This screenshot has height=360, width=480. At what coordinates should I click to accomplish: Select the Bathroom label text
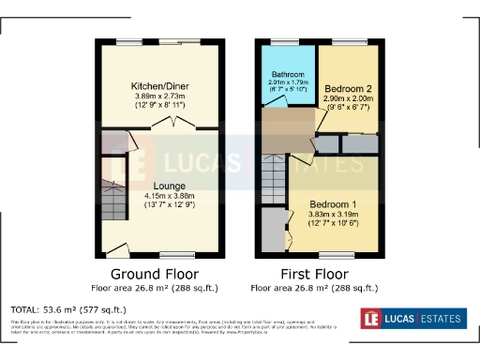click(287, 74)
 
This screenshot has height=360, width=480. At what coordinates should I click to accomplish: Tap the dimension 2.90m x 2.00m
click(348, 97)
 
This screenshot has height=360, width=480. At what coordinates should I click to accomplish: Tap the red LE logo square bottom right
click(372, 319)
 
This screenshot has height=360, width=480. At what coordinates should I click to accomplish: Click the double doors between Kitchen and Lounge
click(172, 122)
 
